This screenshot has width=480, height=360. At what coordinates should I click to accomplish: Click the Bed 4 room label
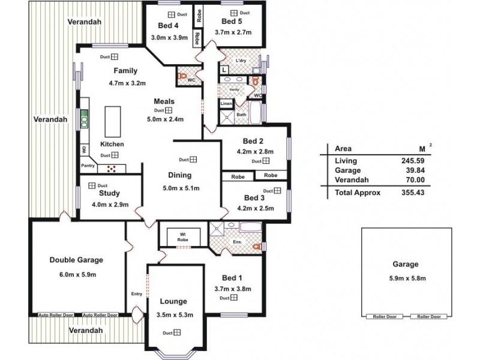click(168, 25)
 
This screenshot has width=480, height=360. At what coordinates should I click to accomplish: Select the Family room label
click(125, 71)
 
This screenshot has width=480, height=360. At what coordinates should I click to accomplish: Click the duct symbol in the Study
click(92, 185)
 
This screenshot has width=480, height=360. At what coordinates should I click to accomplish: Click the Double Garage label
click(76, 260)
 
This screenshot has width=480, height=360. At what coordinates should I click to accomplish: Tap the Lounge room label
click(173, 301)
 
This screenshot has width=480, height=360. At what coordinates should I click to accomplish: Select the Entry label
click(137, 293)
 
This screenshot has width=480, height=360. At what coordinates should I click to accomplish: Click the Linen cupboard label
click(226, 104)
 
